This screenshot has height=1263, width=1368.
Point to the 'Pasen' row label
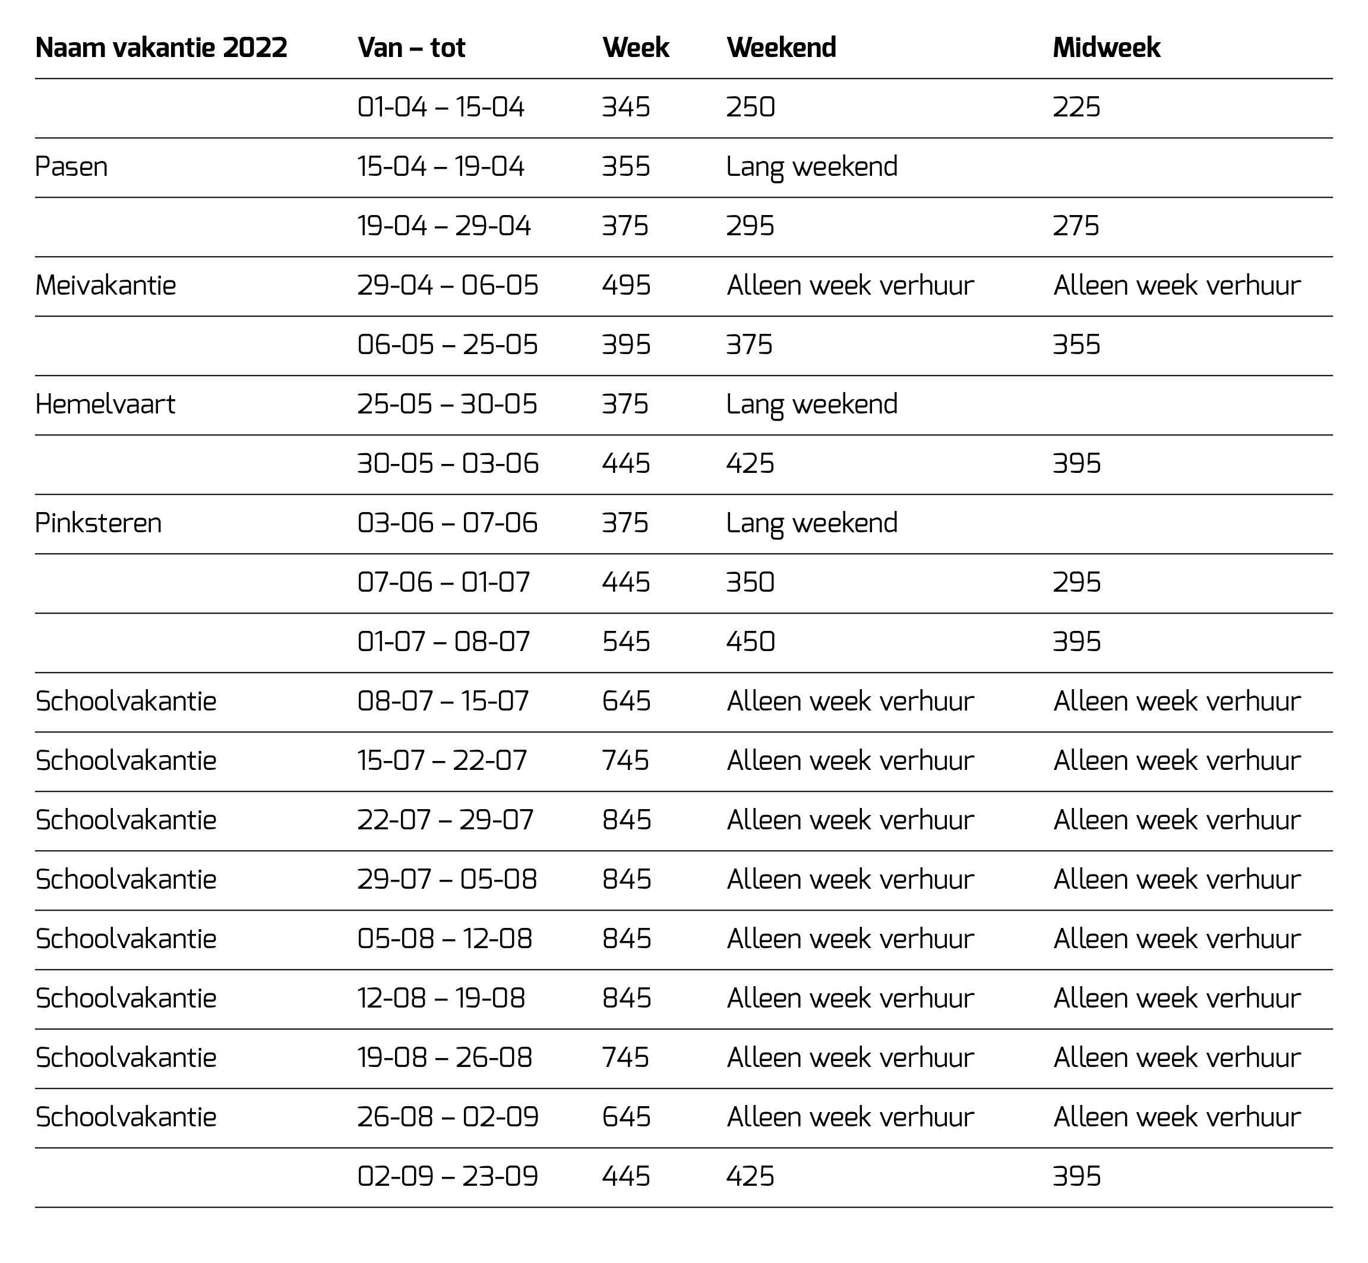pos(72,167)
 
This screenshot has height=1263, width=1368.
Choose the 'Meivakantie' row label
pos(106,286)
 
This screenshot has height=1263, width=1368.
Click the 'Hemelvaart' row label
pos(105,405)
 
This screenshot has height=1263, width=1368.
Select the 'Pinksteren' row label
pos(99,523)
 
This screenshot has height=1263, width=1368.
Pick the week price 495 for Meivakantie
pos(626,286)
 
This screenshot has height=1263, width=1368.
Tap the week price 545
pos(626,642)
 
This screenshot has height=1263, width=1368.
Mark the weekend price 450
pos(750,642)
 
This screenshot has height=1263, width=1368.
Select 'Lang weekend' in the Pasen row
pos(812,167)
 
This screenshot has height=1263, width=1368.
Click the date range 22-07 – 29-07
pos(445,820)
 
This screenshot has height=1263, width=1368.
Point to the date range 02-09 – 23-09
pos(447,1177)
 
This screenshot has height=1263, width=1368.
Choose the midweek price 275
pos(1076,226)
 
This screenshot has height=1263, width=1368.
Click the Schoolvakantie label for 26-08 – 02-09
pos(126,1117)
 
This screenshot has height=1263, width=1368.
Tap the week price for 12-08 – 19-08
pos(627,999)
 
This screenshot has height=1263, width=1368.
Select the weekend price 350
pos(750,582)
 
